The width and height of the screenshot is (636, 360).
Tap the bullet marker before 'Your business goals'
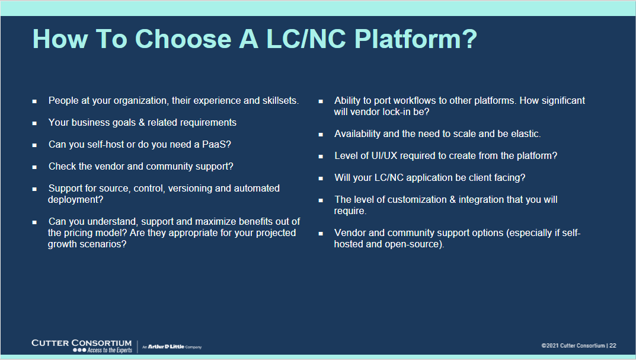tap(35, 123)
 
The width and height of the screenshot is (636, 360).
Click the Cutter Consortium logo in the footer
tap(82, 346)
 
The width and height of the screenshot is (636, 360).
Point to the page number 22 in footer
tap(613, 346)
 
